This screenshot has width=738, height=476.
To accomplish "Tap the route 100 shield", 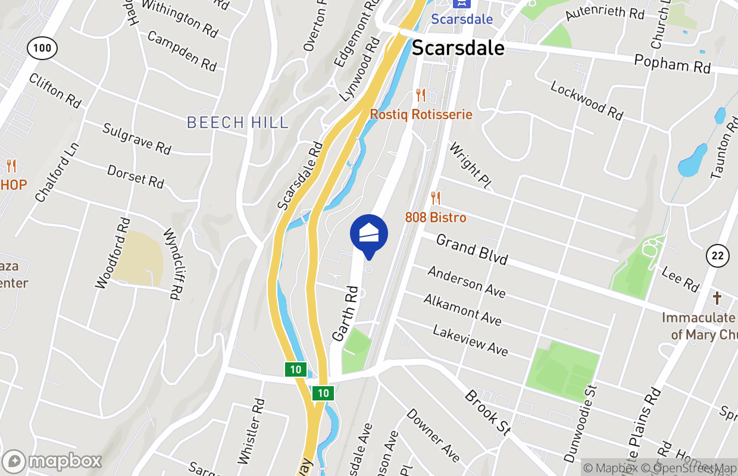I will click(x=42, y=48).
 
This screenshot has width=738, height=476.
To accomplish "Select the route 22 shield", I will click(x=718, y=256).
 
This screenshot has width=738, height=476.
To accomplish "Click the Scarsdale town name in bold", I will click(x=458, y=48).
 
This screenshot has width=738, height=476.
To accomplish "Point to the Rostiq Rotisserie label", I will click(x=421, y=114).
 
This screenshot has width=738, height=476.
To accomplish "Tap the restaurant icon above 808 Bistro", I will click(x=436, y=198).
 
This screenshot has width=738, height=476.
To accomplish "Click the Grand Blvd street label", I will click(x=472, y=249).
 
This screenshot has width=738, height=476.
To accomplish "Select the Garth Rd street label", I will click(x=345, y=314).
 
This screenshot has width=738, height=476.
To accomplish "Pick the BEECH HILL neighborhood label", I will click(x=237, y=123).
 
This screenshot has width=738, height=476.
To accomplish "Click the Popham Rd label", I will click(x=673, y=64).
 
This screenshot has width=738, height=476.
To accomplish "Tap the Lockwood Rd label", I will click(x=586, y=101).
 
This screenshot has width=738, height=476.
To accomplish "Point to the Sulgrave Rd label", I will click(x=137, y=139).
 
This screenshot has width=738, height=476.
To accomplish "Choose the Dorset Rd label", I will click(x=136, y=177).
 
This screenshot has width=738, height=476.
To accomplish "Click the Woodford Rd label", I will click(x=113, y=253).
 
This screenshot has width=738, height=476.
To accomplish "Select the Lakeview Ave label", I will click(x=470, y=340).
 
